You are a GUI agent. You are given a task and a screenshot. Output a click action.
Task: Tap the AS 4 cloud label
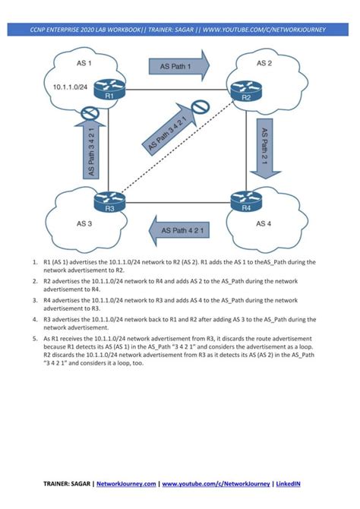(x=263, y=223)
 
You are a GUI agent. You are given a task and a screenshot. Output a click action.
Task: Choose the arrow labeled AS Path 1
(x=179, y=66)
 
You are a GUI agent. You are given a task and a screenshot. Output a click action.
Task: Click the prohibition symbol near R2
(x=201, y=108)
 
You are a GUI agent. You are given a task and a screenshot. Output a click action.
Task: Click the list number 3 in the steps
(x=36, y=301)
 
